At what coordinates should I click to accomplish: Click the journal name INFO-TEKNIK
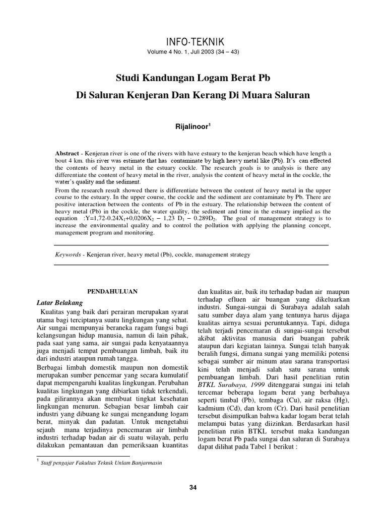(193, 41)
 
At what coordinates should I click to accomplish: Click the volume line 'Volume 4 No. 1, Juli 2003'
(180, 52)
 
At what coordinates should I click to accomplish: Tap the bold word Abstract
(67, 153)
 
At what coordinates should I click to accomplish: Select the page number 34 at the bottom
(193, 487)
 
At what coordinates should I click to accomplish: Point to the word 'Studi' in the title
(128, 78)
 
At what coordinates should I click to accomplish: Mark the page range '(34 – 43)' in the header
(226, 52)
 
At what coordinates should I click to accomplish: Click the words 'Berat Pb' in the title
(256, 78)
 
